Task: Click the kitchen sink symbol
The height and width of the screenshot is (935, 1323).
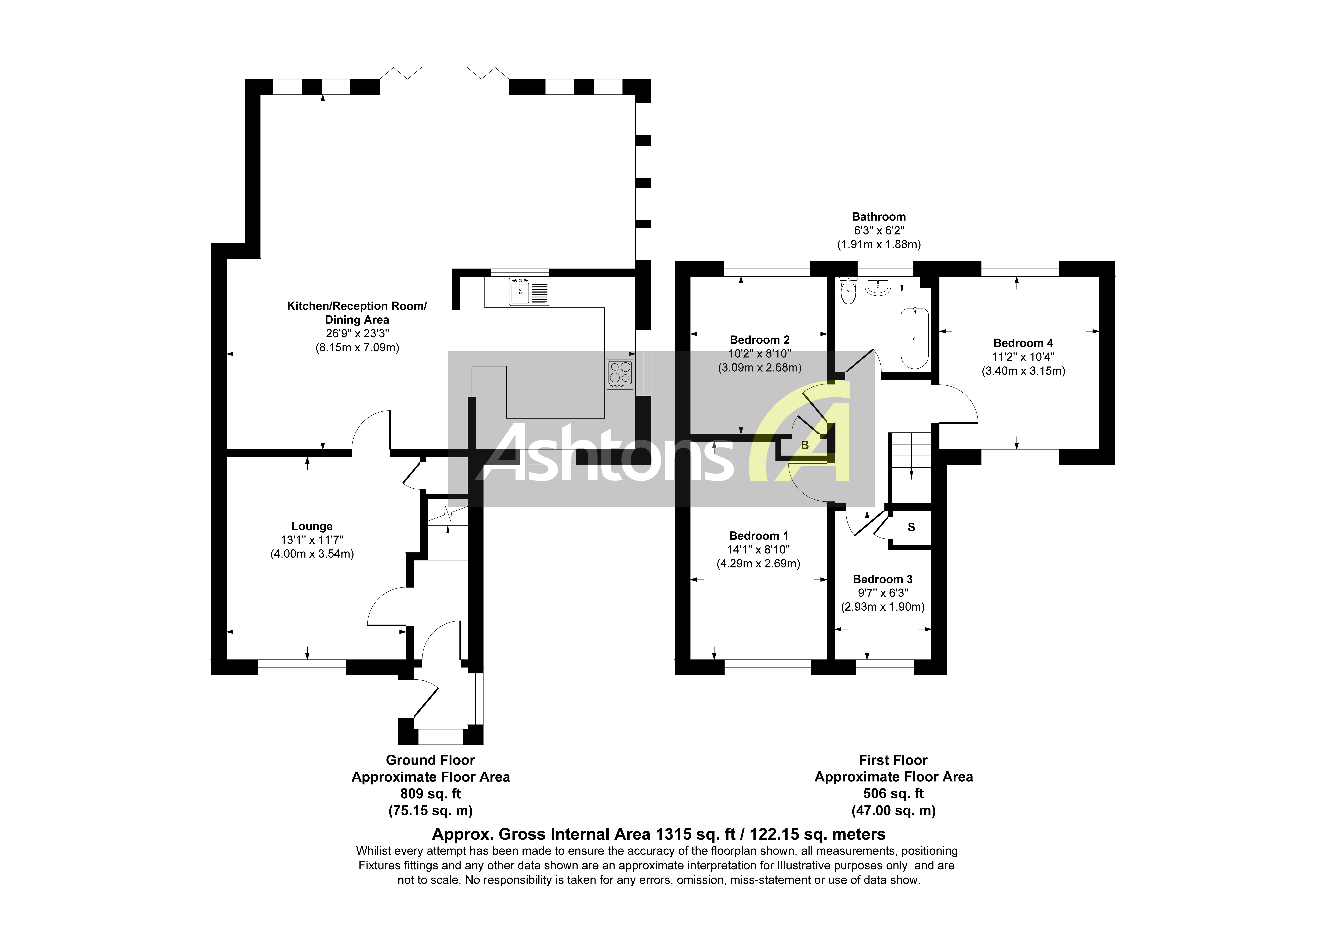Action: pos(529,291)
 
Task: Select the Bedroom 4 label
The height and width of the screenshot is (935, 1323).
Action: pos(1023,343)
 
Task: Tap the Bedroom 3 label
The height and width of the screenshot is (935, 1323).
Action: pos(882,579)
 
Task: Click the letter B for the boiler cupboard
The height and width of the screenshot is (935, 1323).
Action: pos(805,445)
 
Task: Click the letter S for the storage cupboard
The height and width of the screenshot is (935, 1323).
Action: pos(911,527)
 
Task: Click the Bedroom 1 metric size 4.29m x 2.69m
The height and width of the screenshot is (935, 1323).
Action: pos(758,564)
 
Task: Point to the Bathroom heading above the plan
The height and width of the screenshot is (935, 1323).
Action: pos(879,217)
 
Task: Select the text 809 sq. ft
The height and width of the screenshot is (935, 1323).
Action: pos(430,794)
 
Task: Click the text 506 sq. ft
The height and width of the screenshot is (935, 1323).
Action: pos(893,794)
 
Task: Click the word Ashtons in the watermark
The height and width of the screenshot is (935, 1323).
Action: pos(605,455)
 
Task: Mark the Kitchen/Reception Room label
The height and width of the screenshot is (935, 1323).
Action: pos(357,306)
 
